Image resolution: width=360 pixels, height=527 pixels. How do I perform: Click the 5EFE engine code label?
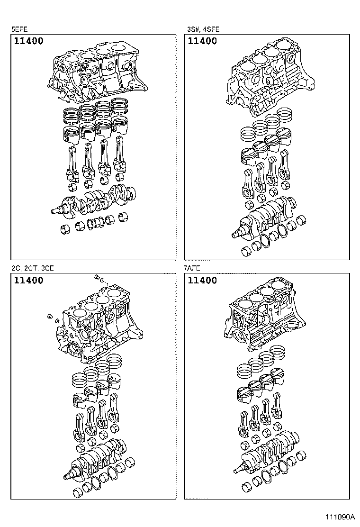point(19,29)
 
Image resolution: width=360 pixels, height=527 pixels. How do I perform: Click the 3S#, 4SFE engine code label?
point(203,29)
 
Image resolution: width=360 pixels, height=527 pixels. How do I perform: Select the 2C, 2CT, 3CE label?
point(33,268)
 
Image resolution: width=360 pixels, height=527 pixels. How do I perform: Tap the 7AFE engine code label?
point(192,268)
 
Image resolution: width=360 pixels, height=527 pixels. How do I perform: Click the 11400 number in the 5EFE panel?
point(28,41)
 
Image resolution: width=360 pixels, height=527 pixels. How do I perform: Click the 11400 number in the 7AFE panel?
point(202,281)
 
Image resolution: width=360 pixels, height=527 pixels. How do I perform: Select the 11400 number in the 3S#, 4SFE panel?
point(202,41)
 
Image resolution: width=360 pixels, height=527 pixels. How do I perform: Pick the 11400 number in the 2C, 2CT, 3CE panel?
point(28,281)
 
